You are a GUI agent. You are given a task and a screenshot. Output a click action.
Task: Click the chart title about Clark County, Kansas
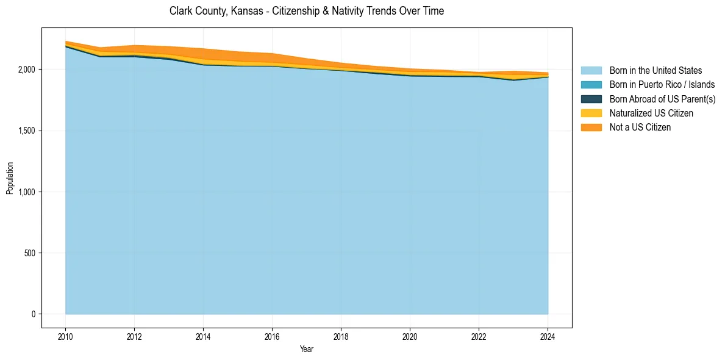tap(307, 11)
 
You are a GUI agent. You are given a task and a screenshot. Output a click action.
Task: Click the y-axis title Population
tap(10, 178)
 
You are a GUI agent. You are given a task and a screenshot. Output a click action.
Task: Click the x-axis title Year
tap(307, 349)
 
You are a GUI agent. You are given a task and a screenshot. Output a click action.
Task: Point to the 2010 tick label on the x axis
tap(65, 336)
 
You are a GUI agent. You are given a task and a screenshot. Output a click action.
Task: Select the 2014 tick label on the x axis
tap(203, 336)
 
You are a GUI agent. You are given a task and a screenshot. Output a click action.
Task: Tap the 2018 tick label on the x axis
tap(341, 336)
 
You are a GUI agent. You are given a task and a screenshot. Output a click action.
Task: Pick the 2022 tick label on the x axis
tap(479, 336)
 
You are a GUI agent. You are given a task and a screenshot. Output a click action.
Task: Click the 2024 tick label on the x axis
tap(548, 336)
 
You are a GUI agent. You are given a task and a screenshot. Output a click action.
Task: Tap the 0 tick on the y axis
tap(34, 314)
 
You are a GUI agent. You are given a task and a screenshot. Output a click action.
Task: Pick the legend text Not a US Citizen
tap(640, 127)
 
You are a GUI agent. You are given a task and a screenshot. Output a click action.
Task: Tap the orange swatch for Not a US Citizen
tap(591, 127)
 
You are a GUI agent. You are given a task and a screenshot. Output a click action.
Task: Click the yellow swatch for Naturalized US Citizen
tap(591, 113)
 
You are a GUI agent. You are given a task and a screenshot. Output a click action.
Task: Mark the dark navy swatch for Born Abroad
tap(591, 99)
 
